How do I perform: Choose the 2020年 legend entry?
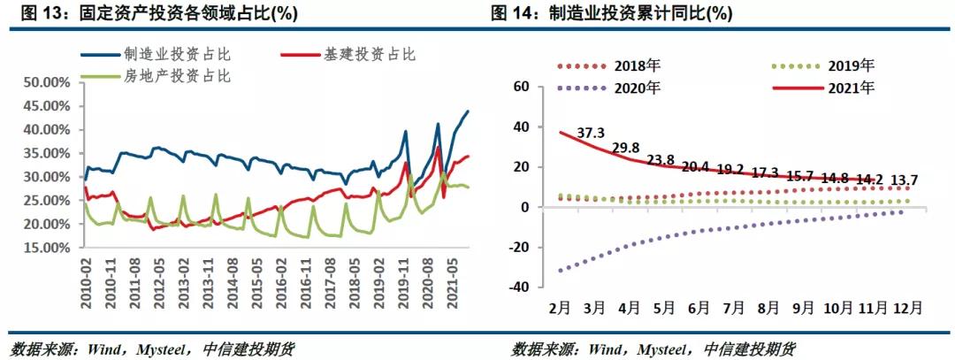636,88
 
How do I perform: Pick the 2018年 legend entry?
636,65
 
